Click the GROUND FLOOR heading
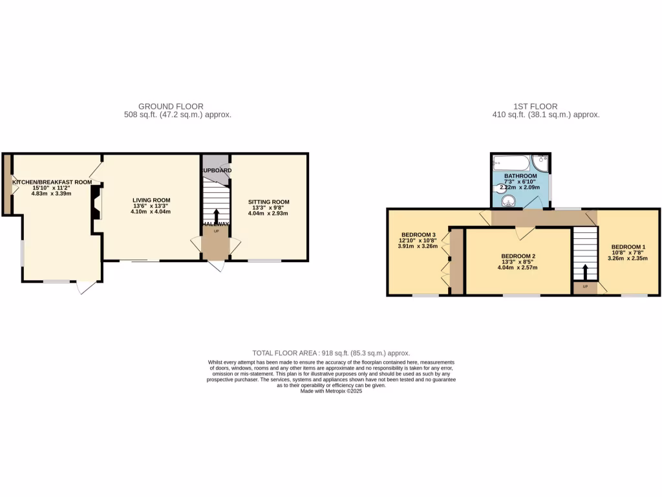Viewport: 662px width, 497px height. [171, 106]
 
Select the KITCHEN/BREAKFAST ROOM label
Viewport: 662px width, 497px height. [52, 182]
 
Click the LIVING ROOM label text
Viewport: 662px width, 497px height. [151, 200]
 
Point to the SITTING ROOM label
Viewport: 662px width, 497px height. [268, 202]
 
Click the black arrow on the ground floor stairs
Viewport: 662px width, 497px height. [216, 216]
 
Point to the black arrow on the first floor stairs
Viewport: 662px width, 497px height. [585, 271]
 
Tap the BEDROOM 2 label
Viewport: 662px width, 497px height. [518, 256]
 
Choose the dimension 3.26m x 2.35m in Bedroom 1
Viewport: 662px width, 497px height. [628, 258]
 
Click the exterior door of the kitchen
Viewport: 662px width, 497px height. [87, 288]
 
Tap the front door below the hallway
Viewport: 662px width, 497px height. [217, 266]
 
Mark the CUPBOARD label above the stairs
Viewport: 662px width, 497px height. [216, 170]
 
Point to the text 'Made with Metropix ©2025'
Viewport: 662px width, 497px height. [331, 391]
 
